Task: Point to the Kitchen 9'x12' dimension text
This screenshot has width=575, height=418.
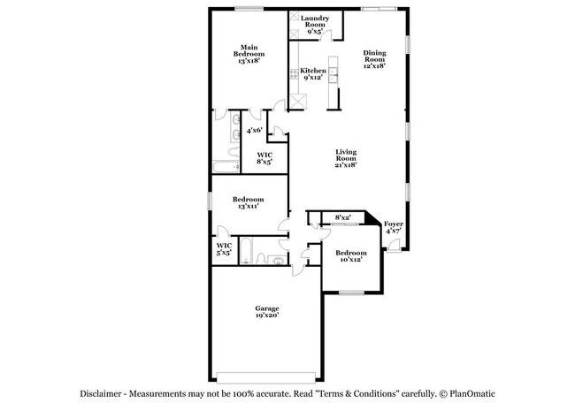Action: tap(312, 78)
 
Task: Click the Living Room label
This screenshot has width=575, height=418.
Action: tap(345, 156)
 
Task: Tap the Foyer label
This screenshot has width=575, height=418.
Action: tap(393, 225)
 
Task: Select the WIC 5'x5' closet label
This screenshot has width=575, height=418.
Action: tap(224, 249)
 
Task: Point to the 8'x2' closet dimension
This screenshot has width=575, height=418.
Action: tap(343, 217)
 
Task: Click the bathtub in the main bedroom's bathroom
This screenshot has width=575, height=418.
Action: tap(225, 166)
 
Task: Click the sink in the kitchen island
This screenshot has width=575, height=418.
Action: tap(334, 78)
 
